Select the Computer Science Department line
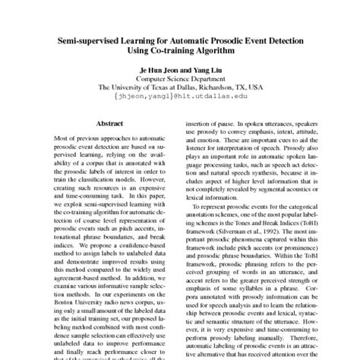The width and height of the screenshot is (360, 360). (180, 79)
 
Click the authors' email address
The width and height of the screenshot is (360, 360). (179, 98)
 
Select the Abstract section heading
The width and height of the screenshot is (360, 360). (110, 122)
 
